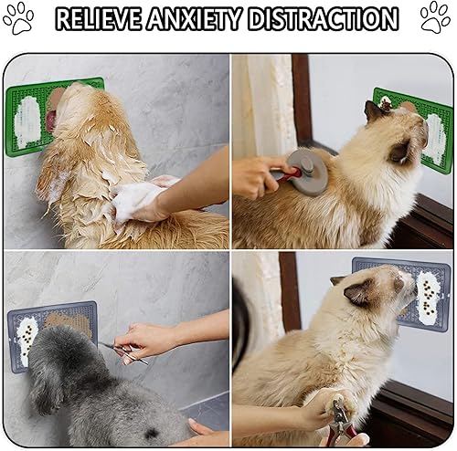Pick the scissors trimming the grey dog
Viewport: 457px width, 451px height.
click(x=123, y=351)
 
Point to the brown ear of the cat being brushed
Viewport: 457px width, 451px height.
click(x=374, y=113)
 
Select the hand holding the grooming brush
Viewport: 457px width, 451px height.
click(x=254, y=175)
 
